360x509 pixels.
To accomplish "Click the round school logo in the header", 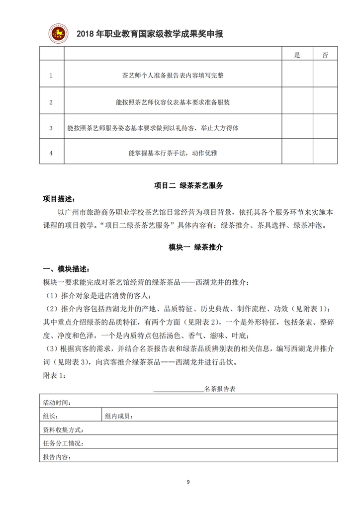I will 58,33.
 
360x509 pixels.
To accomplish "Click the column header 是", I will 297,55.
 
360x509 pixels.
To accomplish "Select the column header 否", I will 325,55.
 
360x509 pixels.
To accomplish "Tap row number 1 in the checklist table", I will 51,76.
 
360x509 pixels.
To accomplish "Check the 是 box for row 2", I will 297,102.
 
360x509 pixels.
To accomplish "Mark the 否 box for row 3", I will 325,128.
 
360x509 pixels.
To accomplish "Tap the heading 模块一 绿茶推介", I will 188,247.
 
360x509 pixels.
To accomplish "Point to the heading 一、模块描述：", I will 65,269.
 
